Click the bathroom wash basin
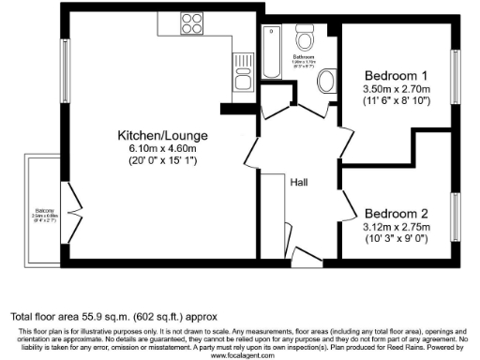(327, 82)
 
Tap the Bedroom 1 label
(395, 75)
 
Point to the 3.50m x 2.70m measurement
(395, 88)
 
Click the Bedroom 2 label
(397, 213)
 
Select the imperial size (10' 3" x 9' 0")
(397, 238)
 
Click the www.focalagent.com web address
(240, 355)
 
